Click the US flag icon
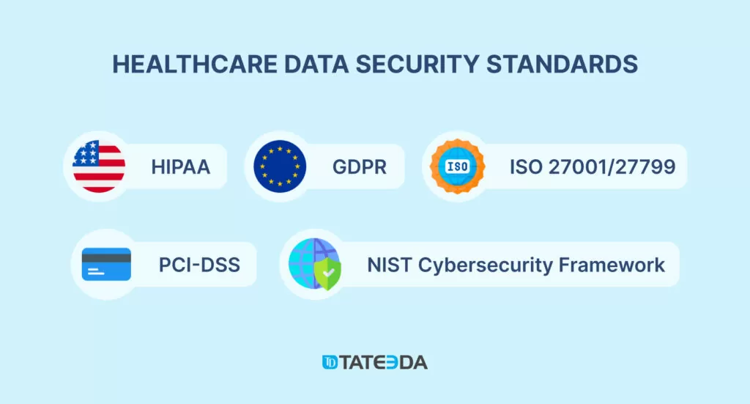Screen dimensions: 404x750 98,166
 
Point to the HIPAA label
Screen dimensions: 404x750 181,167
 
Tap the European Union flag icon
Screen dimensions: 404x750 280,166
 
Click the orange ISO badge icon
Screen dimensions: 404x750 457,166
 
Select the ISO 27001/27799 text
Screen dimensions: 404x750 593,167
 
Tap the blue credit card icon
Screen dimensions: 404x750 106,264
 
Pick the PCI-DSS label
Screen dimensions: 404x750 199,264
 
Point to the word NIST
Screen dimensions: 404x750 389,264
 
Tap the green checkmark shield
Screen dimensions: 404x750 327,275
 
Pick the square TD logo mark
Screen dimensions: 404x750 330,362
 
